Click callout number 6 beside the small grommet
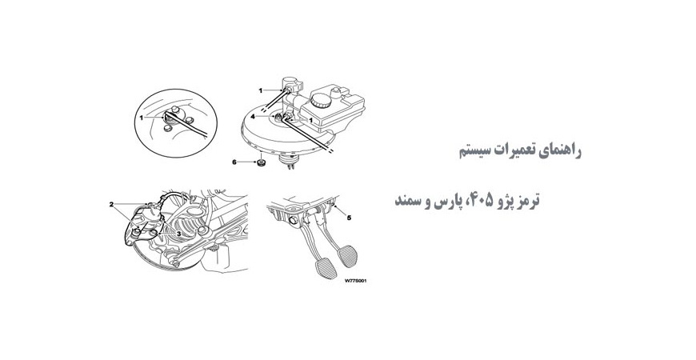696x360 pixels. tap(235, 162)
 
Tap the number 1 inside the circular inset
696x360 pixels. tap(141, 117)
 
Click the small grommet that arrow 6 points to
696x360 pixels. tap(260, 165)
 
